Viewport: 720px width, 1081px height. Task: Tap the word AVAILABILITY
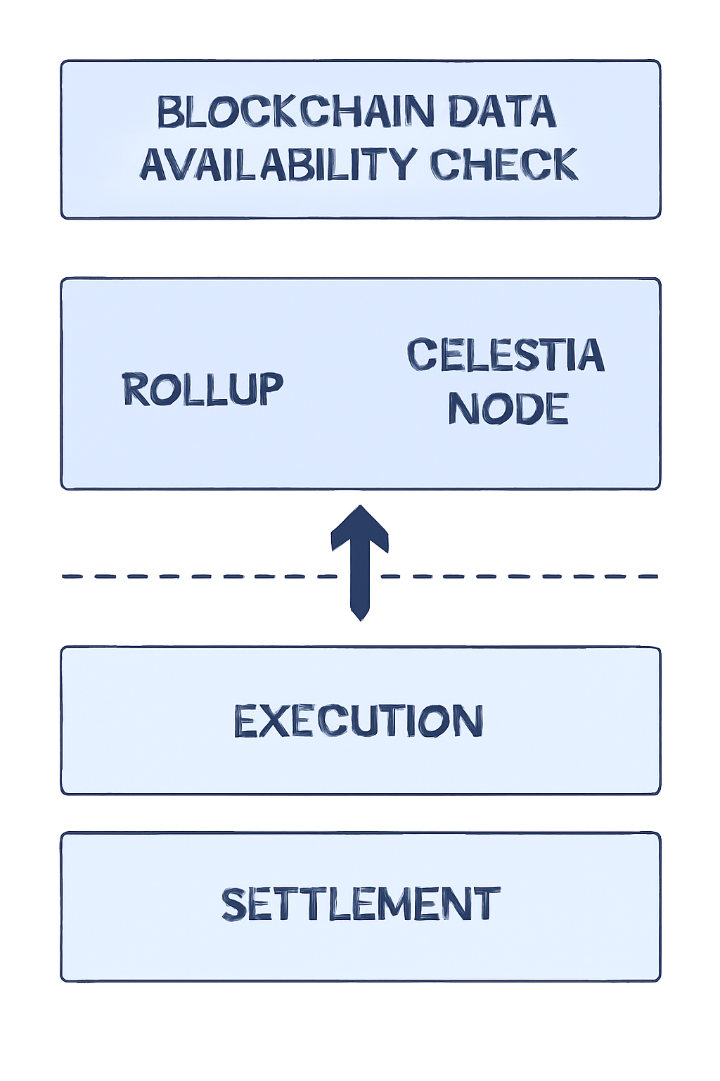tap(278, 165)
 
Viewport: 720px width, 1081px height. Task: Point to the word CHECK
tap(503, 165)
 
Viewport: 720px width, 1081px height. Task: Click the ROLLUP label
tap(202, 389)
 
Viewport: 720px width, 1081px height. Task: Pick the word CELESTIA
tap(506, 355)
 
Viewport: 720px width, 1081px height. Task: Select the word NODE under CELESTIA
tap(508, 409)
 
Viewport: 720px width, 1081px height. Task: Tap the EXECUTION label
tap(359, 721)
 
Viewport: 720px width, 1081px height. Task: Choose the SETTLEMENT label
tap(360, 904)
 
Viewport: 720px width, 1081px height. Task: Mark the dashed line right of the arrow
tap(520, 576)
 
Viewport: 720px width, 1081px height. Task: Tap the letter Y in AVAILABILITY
tap(402, 165)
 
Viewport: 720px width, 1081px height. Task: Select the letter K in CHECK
tap(562, 165)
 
